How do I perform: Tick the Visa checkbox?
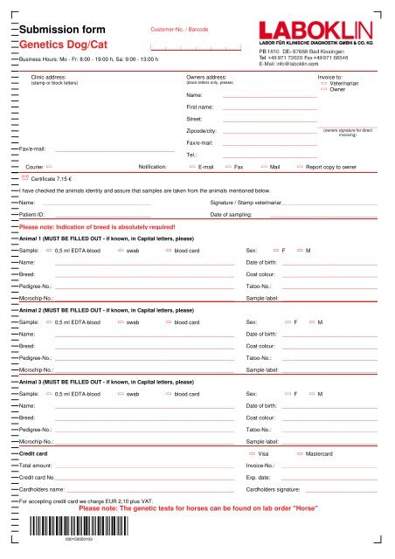(x=253, y=455)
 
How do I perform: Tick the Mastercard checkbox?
(x=301, y=455)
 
